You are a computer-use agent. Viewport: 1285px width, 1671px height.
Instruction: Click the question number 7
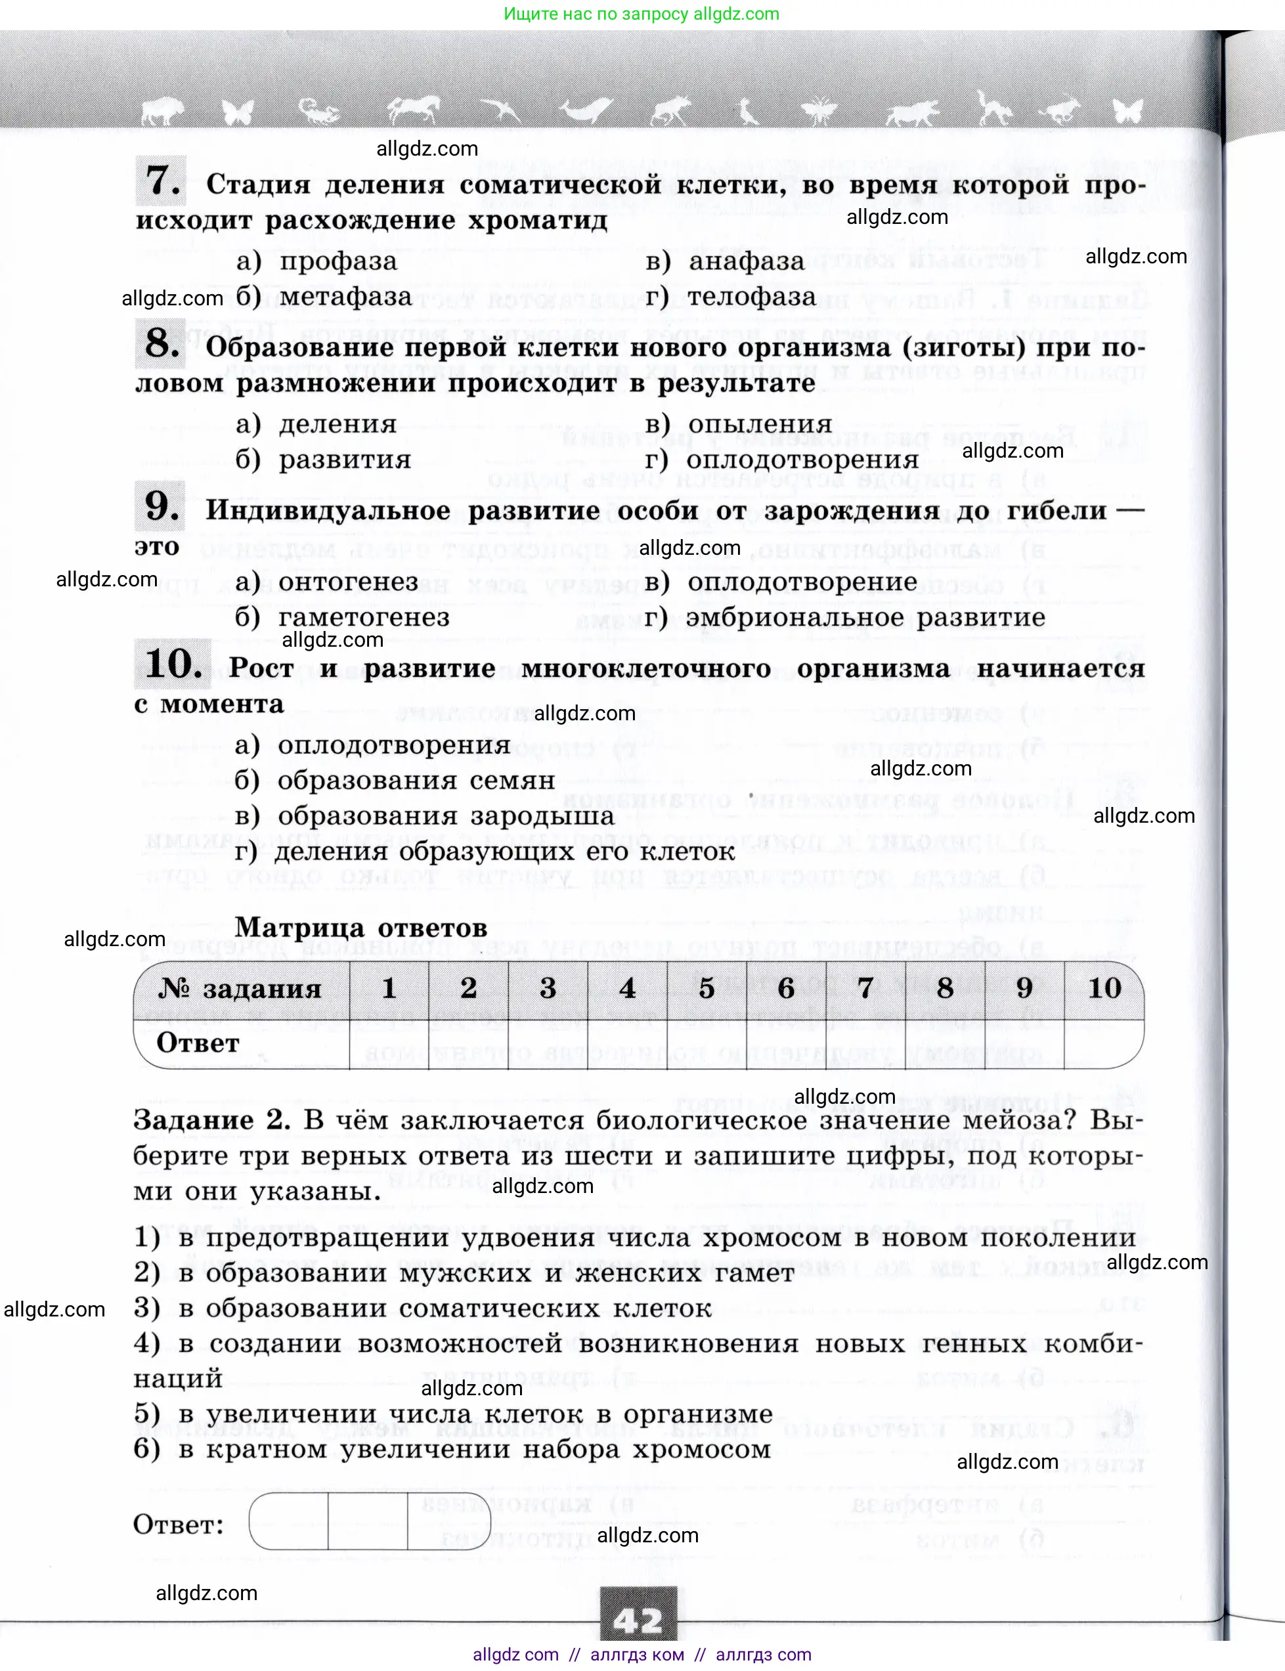(x=162, y=181)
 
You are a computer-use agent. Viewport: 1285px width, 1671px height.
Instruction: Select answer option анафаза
(x=746, y=261)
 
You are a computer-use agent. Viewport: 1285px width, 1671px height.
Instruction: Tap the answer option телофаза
(x=751, y=297)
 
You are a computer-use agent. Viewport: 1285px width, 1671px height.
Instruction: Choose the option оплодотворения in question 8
(x=802, y=460)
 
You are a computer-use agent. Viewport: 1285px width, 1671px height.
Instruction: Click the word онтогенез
(x=348, y=582)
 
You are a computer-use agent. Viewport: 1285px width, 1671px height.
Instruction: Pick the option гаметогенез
(x=363, y=617)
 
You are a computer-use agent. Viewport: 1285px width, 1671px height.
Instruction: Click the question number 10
(x=173, y=664)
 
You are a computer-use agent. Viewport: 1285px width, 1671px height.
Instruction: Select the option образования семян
(x=416, y=781)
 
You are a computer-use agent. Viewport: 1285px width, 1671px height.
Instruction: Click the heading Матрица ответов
(x=361, y=928)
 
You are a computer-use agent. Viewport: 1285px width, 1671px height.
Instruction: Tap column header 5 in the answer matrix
(x=707, y=988)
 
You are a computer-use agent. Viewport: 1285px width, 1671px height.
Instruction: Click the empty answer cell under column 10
(x=1102, y=1043)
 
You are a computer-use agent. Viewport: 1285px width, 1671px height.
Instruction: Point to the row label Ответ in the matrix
(x=198, y=1043)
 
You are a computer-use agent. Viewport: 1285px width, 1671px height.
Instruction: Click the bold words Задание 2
(x=211, y=1120)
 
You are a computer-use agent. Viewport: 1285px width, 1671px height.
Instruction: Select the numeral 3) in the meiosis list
(x=147, y=1308)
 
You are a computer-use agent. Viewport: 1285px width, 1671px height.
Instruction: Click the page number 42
(x=639, y=1620)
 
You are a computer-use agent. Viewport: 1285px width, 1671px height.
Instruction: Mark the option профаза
(x=338, y=261)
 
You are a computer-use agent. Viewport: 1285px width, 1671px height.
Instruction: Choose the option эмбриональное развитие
(x=865, y=617)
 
